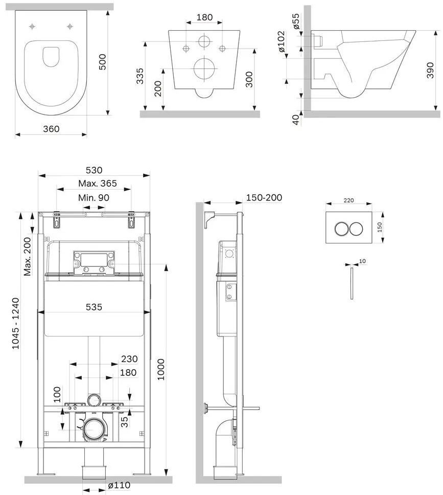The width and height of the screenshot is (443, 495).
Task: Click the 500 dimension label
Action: pos(103,62)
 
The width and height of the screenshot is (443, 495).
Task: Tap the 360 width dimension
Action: pos(51,129)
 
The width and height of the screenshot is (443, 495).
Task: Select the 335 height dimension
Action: pos(140,76)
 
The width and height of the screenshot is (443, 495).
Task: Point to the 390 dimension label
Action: pos(430,70)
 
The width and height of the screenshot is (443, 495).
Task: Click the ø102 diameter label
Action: pos(281,41)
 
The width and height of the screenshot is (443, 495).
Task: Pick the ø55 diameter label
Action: pos(296,21)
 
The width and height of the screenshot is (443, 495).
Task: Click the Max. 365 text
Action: pos(98,184)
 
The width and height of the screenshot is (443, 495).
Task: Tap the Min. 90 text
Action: pos(94,198)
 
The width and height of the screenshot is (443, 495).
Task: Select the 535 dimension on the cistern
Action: pos(94,307)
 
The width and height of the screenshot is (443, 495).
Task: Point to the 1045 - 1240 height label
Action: pos(15,323)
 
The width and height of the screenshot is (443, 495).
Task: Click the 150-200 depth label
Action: pos(264,197)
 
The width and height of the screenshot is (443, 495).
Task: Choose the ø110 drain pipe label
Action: pos(119,485)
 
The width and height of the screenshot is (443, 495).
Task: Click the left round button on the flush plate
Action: pos(341,229)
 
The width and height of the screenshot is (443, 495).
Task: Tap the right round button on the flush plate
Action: pos(356,229)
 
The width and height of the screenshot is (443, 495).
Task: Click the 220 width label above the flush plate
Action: pos(348,200)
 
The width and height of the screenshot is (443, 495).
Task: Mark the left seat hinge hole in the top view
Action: pos(32,27)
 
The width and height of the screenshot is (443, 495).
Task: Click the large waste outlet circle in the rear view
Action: pos(205,68)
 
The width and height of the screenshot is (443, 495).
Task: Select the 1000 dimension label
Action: pos(161,369)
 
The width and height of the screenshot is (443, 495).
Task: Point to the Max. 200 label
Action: pos(28,257)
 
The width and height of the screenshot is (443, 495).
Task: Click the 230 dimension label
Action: pos(129,359)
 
